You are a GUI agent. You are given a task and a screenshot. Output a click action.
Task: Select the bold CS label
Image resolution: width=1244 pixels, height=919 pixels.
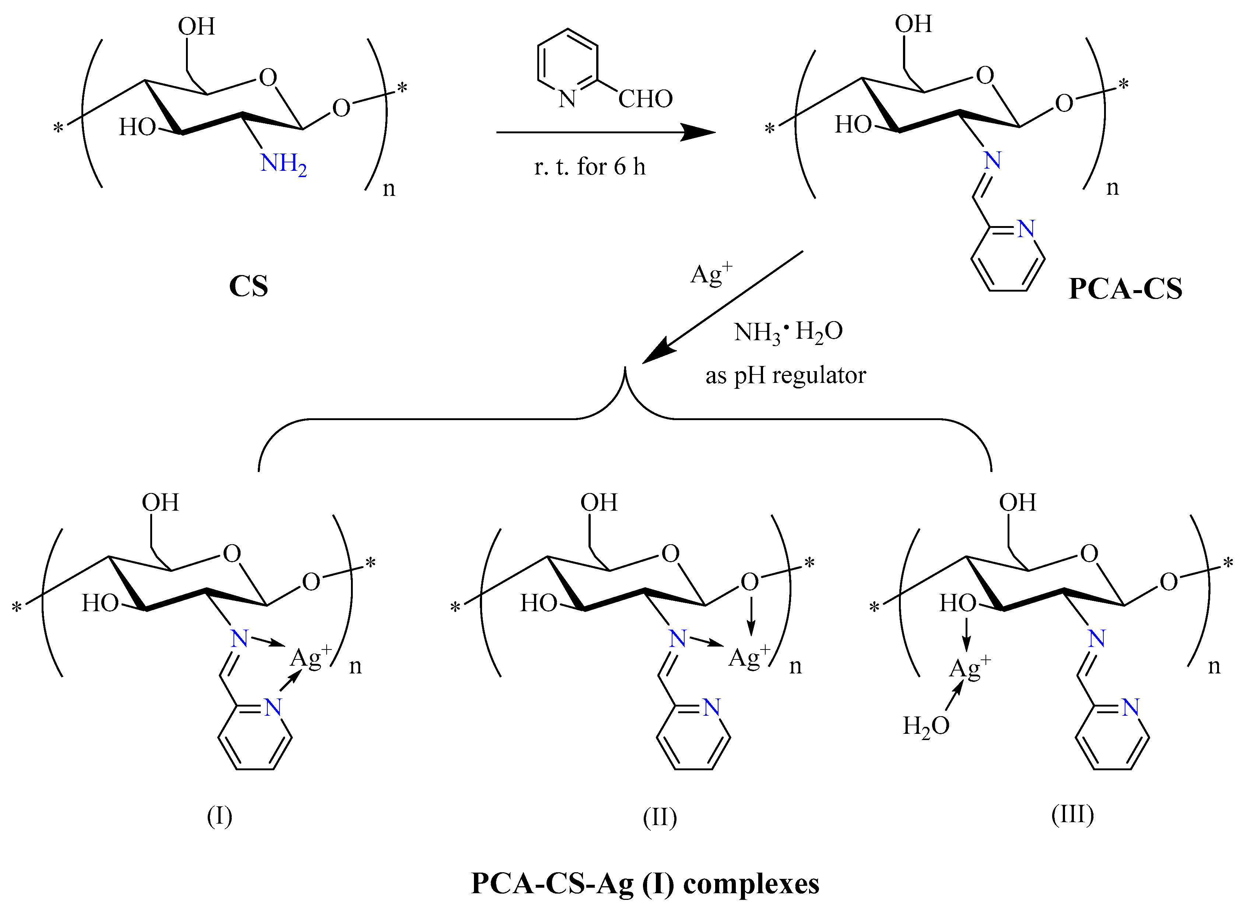pos(248,286)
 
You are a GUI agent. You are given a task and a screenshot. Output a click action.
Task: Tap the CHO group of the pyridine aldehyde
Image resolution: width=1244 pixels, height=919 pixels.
pos(645,99)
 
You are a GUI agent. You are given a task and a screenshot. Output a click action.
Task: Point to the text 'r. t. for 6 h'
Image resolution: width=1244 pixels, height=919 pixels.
pos(590,167)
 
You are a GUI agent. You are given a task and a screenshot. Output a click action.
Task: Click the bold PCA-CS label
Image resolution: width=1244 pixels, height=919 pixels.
pos(1125,289)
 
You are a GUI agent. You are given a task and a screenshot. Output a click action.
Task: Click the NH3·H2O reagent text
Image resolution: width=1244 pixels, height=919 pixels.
pos(788,332)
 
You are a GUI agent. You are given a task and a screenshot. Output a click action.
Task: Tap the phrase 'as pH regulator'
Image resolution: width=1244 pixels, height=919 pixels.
pos(786,376)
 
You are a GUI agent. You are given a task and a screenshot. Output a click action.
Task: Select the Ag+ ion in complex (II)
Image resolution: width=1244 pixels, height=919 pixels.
pos(749,658)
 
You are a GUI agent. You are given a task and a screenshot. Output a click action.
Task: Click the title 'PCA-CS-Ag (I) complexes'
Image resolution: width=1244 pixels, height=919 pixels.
pos(645,883)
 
